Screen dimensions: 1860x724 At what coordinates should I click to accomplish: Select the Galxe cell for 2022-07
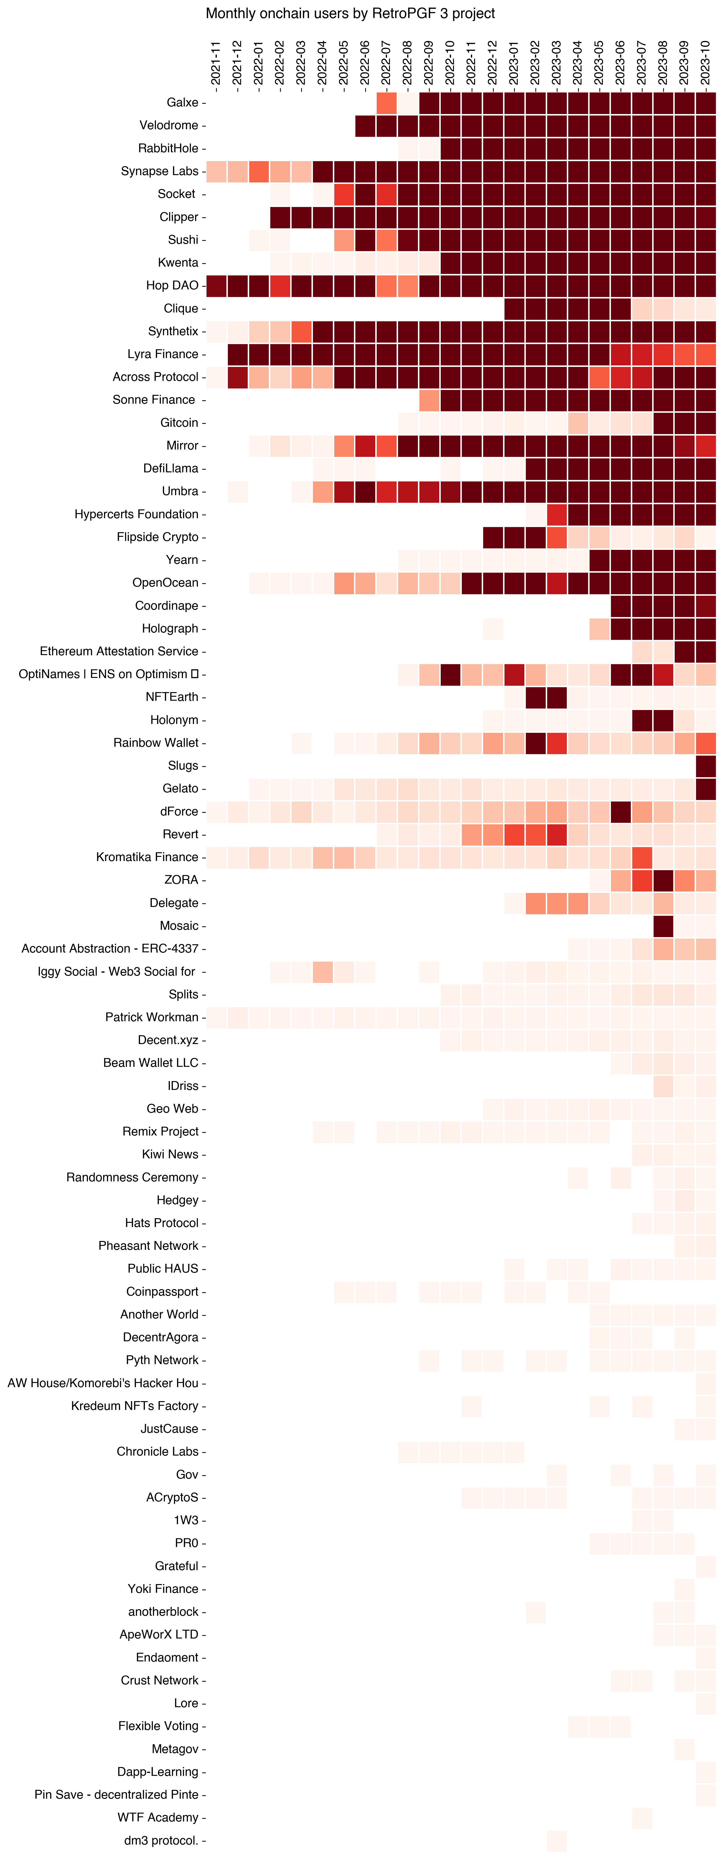[386, 103]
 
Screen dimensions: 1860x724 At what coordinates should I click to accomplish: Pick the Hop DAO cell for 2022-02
[280, 285]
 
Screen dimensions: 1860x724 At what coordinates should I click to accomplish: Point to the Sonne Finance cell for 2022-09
[429, 399]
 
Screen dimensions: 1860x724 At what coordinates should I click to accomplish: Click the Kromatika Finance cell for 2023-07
[642, 857]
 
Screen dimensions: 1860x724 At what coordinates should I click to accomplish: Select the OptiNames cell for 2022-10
[451, 674]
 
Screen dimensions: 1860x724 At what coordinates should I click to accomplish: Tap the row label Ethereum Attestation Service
[119, 651]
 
